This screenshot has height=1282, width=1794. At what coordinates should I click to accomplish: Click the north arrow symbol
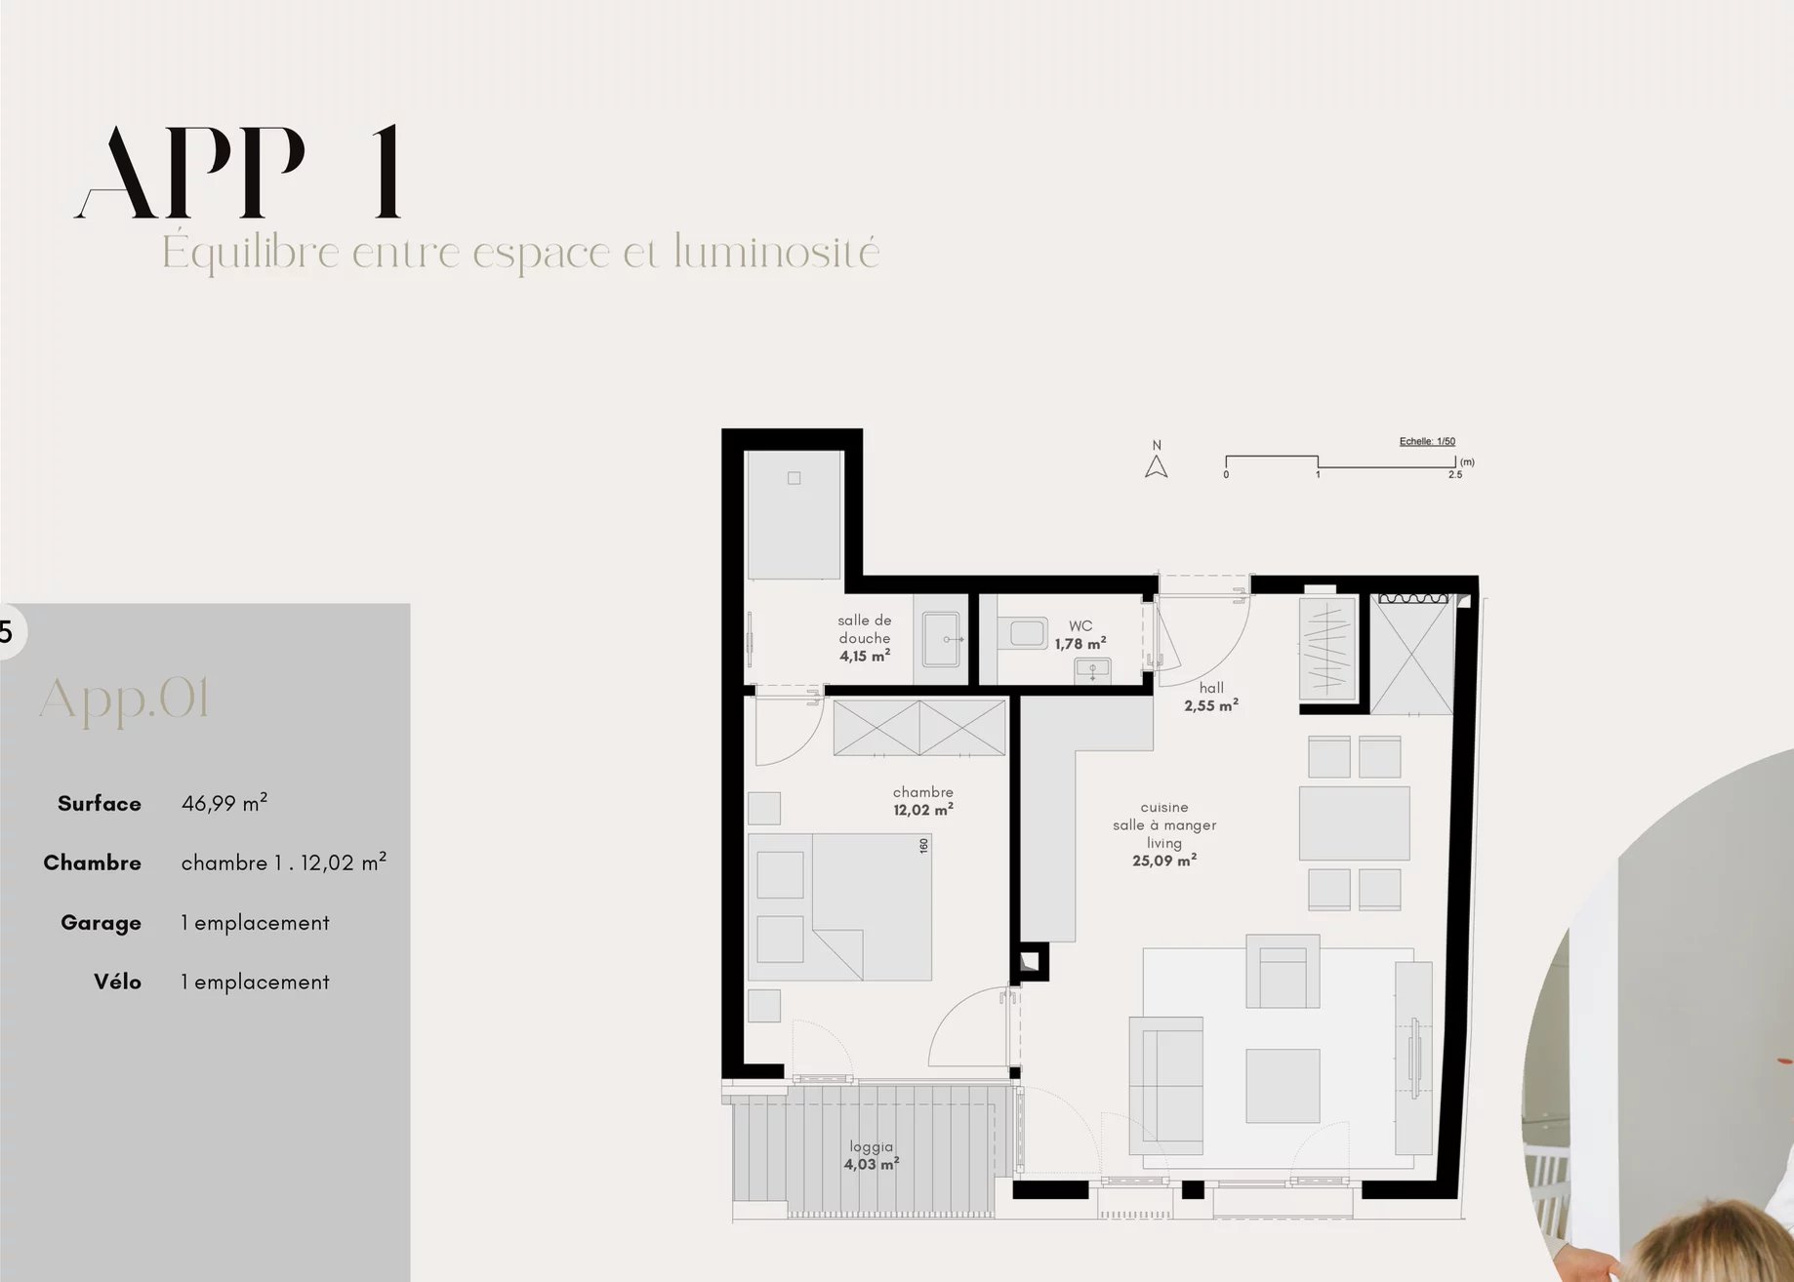tap(1157, 467)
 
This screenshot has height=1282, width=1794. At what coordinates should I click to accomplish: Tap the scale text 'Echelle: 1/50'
tap(1427, 442)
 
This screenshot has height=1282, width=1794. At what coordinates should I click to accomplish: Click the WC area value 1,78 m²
tap(1080, 644)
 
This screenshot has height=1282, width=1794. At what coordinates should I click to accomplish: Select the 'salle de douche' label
tap(865, 629)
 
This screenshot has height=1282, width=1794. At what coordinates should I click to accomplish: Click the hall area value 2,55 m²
tap(1211, 705)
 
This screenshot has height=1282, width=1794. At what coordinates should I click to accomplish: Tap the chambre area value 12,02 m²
tap(923, 810)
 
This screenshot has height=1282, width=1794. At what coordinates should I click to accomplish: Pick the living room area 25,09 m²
tap(1164, 861)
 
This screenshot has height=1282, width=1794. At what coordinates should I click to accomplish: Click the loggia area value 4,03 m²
tap(872, 1164)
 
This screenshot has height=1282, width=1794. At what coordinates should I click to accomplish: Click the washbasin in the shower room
tap(942, 639)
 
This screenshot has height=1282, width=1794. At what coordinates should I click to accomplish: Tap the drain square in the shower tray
tap(795, 478)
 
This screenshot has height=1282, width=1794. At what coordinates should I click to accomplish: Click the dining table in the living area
tap(1355, 823)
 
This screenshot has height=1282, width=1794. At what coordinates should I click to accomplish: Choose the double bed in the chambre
tap(840, 906)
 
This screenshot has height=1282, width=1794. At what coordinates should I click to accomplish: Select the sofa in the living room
tap(1166, 1085)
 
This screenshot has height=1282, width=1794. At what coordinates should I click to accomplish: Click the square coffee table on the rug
tap(1283, 1085)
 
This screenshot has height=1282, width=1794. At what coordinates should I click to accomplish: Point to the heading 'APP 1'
tap(238, 172)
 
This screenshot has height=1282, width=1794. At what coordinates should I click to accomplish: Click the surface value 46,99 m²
tap(224, 803)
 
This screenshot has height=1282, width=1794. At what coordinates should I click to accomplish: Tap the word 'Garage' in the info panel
tap(101, 923)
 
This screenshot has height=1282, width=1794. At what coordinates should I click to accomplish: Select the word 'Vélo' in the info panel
tap(117, 982)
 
